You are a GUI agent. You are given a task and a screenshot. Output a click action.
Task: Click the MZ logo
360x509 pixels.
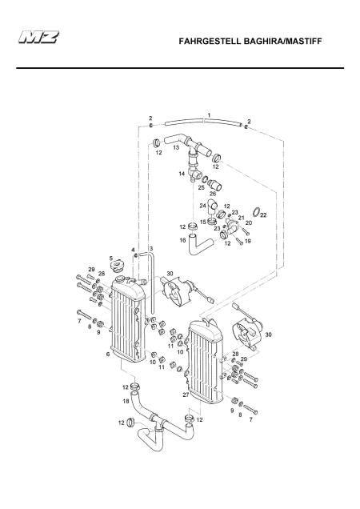pyautogui.click(x=39, y=37)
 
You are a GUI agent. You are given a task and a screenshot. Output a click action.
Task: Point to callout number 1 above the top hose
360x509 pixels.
pyautogui.click(x=209, y=115)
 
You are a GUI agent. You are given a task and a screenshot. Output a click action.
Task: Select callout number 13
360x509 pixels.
pyautogui.click(x=176, y=147)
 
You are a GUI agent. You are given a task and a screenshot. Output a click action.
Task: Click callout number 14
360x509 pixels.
pyautogui.click(x=182, y=174)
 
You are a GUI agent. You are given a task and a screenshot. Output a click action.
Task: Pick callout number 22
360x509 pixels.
pyautogui.click(x=263, y=215)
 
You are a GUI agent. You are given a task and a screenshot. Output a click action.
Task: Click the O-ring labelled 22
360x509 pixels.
pyautogui.click(x=256, y=212)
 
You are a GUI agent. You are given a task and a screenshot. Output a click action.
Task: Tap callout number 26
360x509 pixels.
pyautogui.click(x=213, y=194)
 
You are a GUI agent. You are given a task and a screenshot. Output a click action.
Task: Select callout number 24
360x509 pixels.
pyautogui.click(x=203, y=206)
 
